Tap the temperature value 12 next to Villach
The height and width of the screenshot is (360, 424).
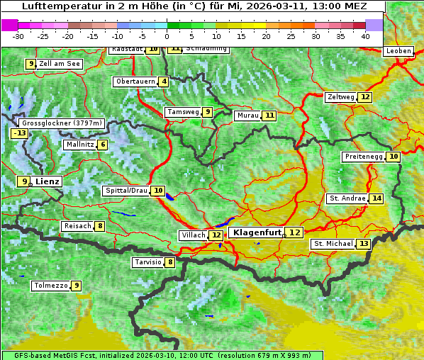(x=216, y=235)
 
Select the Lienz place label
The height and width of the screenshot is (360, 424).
(x=48, y=181)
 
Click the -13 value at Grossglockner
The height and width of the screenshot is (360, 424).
(x=19, y=133)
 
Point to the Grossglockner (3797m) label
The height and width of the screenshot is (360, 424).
(x=63, y=123)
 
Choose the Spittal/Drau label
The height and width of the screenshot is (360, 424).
(x=126, y=191)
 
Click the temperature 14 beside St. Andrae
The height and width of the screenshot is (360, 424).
(x=376, y=198)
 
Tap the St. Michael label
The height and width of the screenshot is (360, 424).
(x=333, y=244)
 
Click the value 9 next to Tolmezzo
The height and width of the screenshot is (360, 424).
(x=77, y=286)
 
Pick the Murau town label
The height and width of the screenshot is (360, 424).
(x=247, y=116)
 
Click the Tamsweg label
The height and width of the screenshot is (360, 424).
(x=182, y=112)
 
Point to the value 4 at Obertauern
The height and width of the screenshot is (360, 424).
(x=164, y=81)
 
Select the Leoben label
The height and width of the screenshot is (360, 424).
(x=398, y=51)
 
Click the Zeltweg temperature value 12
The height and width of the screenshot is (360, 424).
(x=364, y=97)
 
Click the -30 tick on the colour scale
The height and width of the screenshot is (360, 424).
(x=18, y=36)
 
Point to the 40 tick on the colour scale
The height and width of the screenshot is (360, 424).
(x=365, y=36)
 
